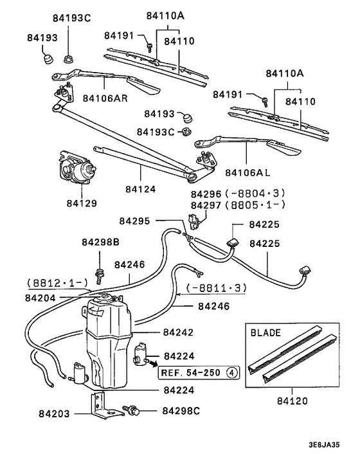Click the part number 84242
pos(178,332)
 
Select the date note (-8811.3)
pos(216,289)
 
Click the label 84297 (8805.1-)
pos(237,204)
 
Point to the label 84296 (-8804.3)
pos(237,194)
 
